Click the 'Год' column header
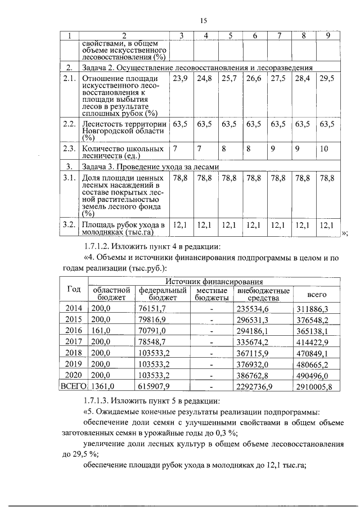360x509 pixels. [73, 289]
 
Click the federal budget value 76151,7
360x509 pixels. [152, 309]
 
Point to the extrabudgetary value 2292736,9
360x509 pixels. [255, 387]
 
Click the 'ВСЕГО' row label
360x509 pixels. [73, 386]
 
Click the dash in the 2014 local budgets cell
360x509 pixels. [211, 309]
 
